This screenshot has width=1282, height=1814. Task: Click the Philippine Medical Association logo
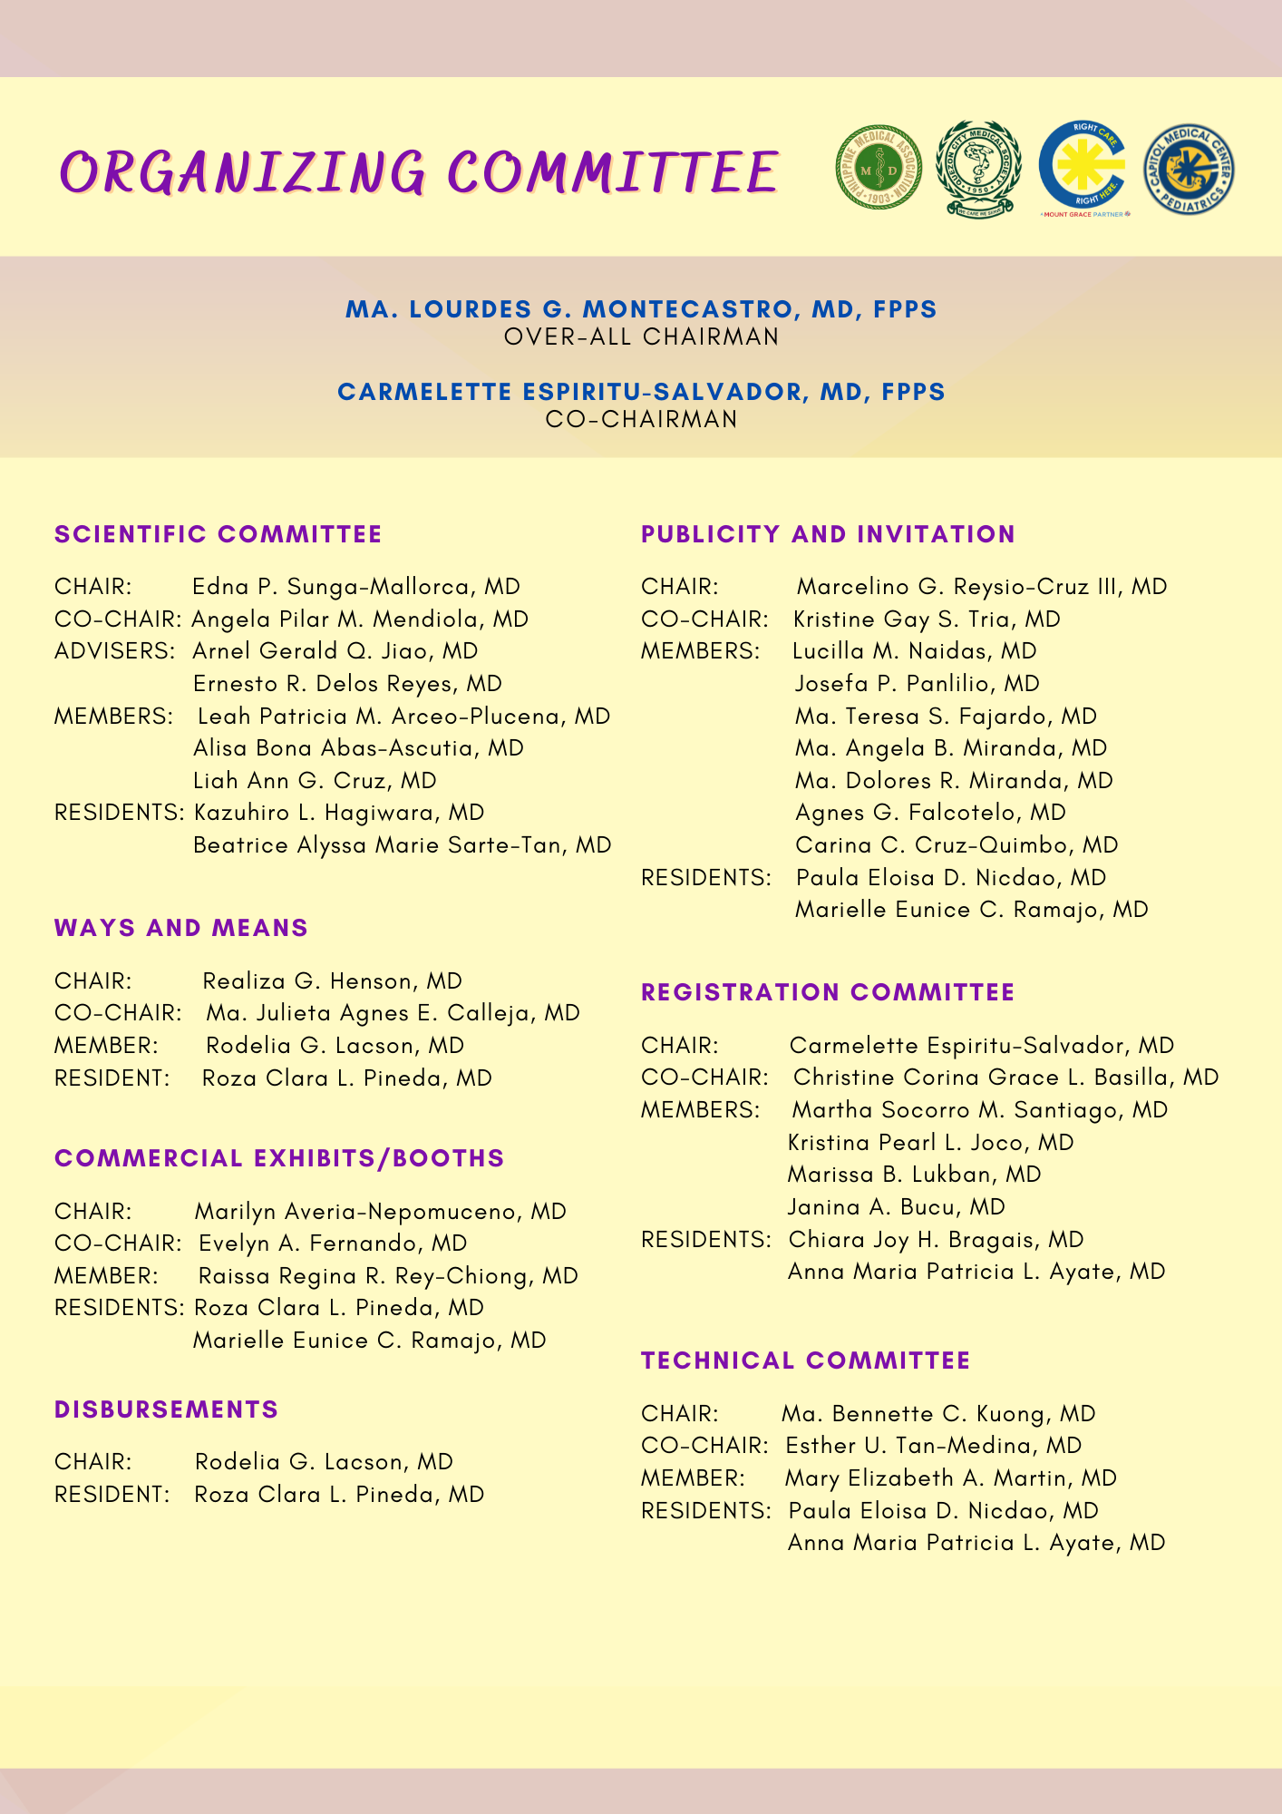[x=878, y=168]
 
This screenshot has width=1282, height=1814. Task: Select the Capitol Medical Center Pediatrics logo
[x=1189, y=170]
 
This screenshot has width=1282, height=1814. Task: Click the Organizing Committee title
[x=419, y=171]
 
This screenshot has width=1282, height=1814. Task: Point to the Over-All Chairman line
[x=641, y=337]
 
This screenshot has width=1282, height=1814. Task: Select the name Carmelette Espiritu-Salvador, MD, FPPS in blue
[x=641, y=392]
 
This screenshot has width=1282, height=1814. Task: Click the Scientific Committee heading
[x=218, y=534]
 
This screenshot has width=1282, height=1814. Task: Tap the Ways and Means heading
[x=181, y=928]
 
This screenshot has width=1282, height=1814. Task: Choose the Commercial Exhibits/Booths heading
[x=279, y=1158]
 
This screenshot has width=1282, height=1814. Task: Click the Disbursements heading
[x=166, y=1409]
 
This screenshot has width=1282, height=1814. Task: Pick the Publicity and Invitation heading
[x=828, y=534]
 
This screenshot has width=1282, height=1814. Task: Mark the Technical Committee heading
[x=805, y=1360]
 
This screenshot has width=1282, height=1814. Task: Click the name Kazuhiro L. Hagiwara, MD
[x=339, y=813]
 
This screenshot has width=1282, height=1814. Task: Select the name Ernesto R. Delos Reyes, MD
[x=347, y=684]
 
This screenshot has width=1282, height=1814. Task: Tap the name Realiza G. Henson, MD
[x=332, y=981]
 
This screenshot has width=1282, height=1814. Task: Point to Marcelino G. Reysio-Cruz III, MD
[x=981, y=587]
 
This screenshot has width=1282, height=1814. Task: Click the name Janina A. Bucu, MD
[x=896, y=1207]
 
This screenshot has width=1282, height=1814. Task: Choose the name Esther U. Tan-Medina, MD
[x=933, y=1446]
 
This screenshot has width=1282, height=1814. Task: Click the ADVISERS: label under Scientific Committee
[x=114, y=651]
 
